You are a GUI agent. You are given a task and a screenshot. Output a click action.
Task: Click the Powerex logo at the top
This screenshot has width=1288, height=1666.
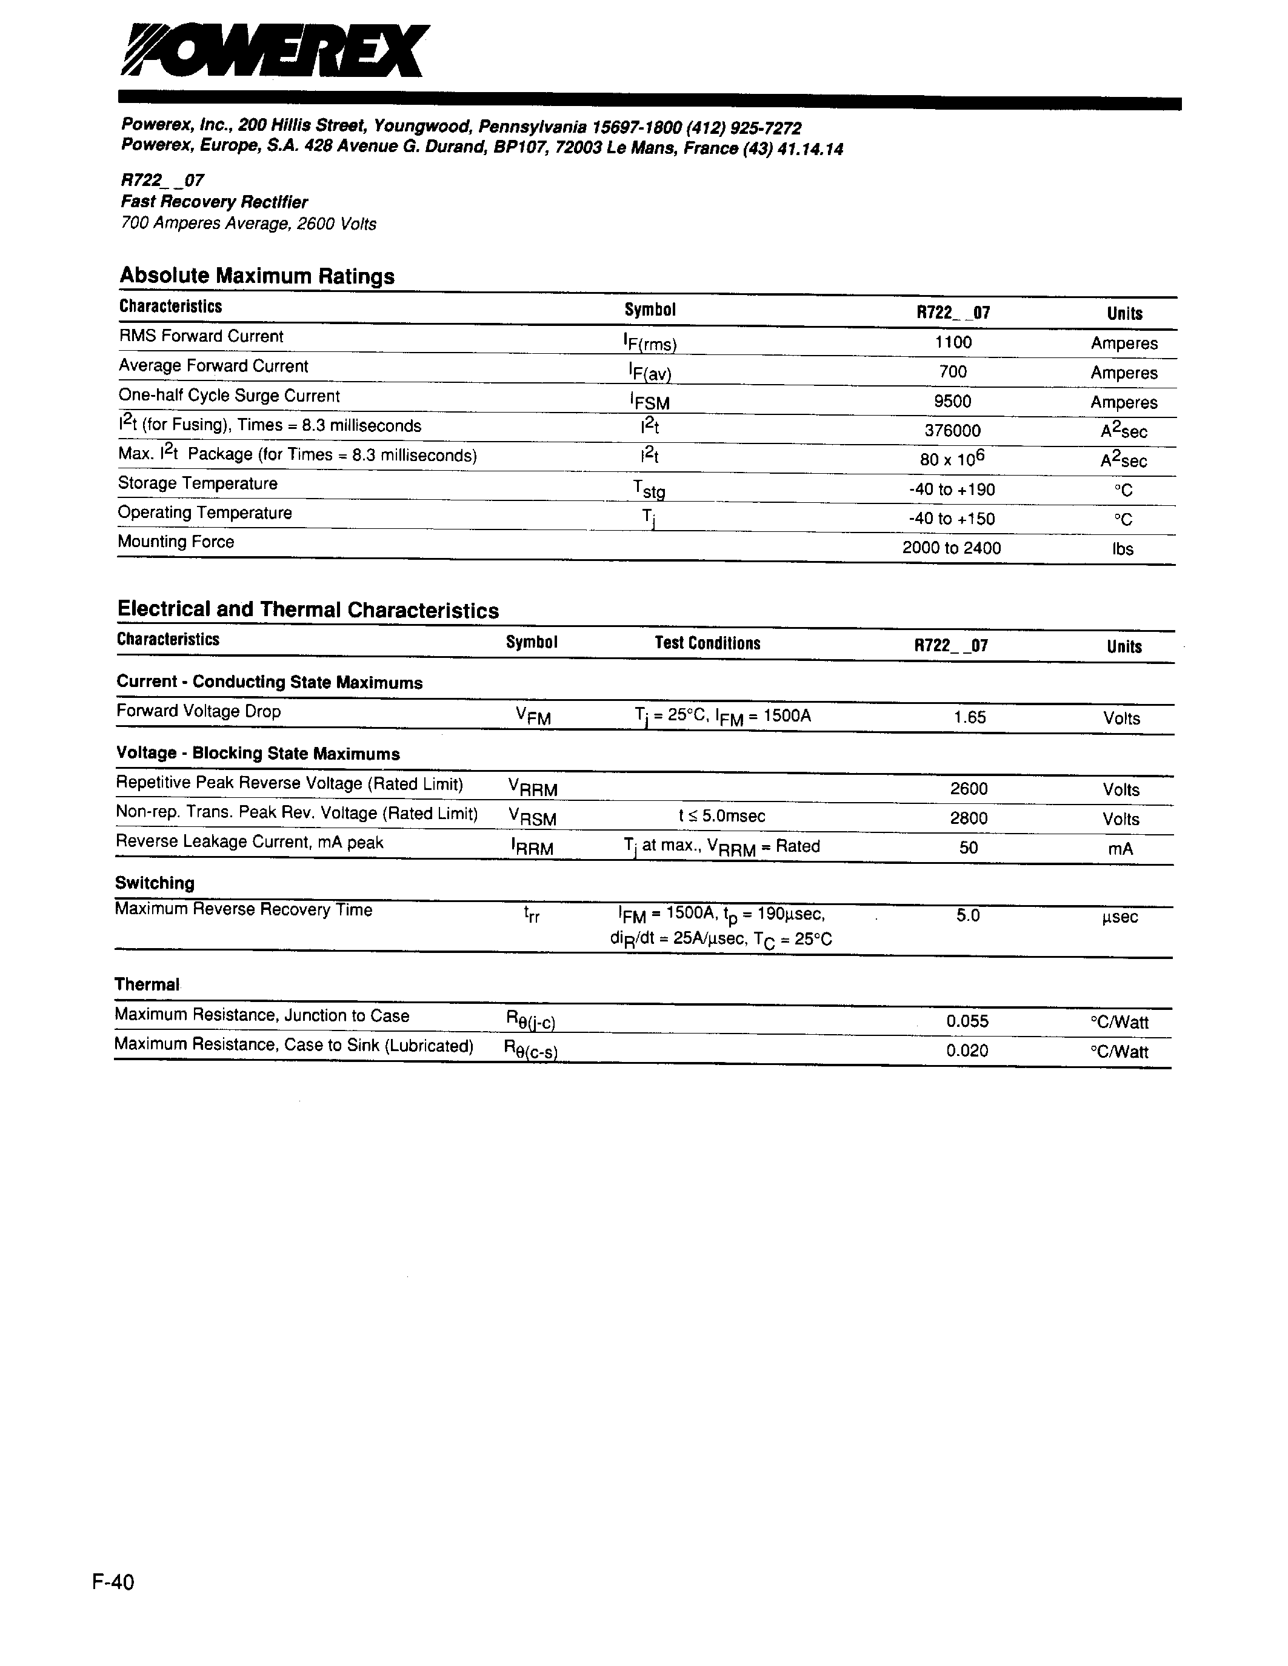275,50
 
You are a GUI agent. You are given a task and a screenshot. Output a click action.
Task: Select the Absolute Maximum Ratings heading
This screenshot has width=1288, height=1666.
256,276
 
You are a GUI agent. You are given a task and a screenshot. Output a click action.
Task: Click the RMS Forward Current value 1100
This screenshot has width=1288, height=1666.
953,342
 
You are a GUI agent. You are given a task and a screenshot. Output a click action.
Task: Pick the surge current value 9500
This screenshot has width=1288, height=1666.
952,401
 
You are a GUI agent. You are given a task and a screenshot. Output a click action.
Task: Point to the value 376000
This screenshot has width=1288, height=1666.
952,431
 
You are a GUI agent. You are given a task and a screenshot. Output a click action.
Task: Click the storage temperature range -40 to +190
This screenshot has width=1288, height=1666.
952,490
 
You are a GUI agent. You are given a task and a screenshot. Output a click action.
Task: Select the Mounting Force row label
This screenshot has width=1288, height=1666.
176,542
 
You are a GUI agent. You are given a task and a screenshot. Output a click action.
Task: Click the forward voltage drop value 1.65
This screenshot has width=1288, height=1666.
970,717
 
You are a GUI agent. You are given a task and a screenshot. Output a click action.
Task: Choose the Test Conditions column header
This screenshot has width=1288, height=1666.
707,643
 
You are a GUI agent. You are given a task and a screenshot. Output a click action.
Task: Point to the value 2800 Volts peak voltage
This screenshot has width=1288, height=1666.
969,818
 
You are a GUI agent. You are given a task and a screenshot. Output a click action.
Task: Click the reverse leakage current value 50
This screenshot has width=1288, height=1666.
969,848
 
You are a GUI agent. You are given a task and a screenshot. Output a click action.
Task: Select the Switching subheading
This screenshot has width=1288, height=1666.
155,883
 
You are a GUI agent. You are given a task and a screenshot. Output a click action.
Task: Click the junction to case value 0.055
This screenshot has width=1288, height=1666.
967,1021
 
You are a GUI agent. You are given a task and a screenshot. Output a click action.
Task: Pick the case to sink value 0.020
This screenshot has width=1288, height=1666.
967,1051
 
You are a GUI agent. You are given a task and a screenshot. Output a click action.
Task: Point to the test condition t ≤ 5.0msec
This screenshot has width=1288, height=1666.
721,816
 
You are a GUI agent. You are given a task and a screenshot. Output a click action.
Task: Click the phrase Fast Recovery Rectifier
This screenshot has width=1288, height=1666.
215,202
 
